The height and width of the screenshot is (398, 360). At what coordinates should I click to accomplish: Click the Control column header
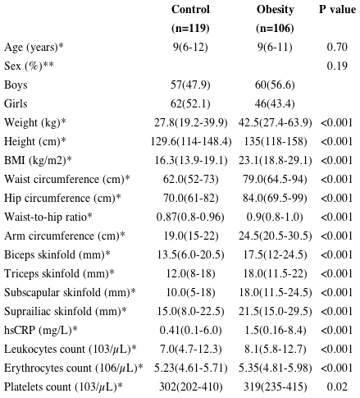pos(190,10)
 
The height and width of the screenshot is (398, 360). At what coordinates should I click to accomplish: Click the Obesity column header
pos(276,10)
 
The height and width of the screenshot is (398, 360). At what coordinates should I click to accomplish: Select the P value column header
pos(336,10)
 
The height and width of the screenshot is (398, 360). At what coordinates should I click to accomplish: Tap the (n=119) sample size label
pos(190,28)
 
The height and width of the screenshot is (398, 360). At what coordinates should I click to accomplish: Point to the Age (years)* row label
pos(35,47)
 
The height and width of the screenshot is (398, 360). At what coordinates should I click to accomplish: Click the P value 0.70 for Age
pos(337,47)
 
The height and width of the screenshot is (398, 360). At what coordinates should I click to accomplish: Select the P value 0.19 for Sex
pos(337,66)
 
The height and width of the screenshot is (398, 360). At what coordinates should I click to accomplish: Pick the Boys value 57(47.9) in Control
pos(190,85)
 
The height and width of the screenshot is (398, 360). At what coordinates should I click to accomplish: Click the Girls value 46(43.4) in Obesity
pos(276,103)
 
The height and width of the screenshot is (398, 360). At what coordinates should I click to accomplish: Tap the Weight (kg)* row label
pos(35,122)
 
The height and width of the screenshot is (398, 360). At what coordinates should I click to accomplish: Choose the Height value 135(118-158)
pos(276,141)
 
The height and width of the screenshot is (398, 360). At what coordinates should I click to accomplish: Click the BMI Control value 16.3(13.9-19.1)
pos(190,160)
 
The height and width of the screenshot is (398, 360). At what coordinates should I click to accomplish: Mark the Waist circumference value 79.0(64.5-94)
pos(276,179)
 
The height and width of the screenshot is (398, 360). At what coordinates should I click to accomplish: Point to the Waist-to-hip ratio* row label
pos(48,217)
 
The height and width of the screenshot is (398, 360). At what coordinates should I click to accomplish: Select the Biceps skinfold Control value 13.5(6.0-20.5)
pos(190,254)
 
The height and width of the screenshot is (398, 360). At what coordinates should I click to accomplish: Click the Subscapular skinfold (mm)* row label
pos(70,292)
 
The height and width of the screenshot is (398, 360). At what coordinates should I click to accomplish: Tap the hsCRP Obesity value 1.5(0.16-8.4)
pos(276,330)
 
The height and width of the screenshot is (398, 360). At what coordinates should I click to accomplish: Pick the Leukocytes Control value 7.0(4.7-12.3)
pos(190,349)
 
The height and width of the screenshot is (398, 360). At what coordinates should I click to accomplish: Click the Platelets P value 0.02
pos(337,387)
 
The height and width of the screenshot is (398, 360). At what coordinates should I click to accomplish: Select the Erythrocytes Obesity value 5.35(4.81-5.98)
pos(276,368)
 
